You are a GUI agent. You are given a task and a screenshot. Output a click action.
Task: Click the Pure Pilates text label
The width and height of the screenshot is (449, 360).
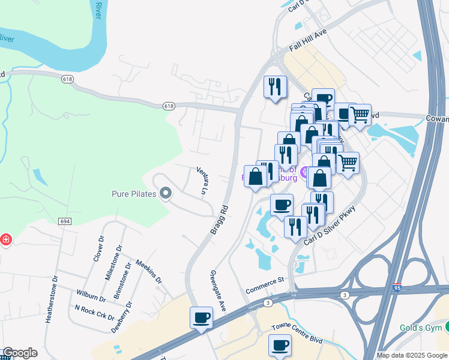[x=134, y=194]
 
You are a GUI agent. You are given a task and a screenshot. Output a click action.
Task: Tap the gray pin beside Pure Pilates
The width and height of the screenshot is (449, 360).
[x=166, y=193]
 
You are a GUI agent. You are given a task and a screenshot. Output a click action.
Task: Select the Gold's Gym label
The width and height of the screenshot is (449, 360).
[x=421, y=328]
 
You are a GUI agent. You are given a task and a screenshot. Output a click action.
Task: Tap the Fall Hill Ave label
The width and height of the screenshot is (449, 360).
[x=307, y=40]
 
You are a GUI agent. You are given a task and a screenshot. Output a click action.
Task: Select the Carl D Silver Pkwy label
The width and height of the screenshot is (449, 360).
[x=330, y=226]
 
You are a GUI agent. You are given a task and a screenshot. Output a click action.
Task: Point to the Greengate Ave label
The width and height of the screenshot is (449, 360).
[x=217, y=291]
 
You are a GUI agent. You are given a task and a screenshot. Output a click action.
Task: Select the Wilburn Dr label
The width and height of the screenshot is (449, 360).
[x=91, y=296]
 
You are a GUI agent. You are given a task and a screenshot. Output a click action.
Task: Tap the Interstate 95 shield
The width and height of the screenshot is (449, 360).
[x=397, y=288]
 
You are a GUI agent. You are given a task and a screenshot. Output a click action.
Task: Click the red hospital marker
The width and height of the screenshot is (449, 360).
[x=5, y=240]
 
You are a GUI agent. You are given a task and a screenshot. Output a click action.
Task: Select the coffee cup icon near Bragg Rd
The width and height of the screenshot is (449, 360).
[x=201, y=316]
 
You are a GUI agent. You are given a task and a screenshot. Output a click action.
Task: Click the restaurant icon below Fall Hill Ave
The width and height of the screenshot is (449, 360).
[x=276, y=86]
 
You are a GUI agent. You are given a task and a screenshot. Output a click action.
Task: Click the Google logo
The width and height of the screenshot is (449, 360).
[x=20, y=353]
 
